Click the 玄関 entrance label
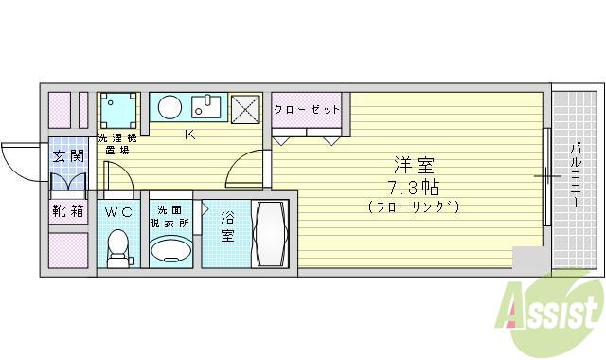pyautogui.click(x=66, y=155)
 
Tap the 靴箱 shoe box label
pyautogui.click(x=66, y=212)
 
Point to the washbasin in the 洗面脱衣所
pyautogui.click(x=170, y=250)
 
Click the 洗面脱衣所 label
pyautogui.click(x=172, y=215)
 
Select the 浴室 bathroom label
pyautogui.click(x=228, y=225)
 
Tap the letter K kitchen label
pyautogui.click(x=189, y=134)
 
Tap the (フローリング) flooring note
pyautogui.click(x=412, y=206)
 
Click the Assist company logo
pyautogui.click(x=554, y=308)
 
